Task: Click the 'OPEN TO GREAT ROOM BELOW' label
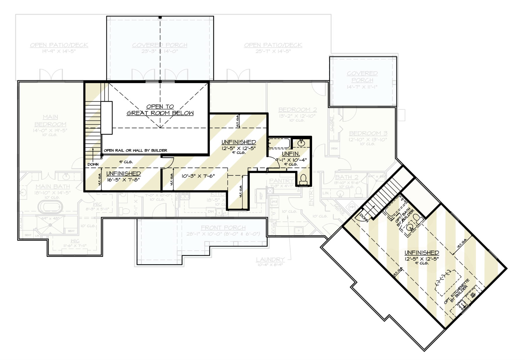(x=160, y=110)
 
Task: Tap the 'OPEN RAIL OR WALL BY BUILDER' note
(x=135, y=151)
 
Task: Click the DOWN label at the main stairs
(x=93, y=164)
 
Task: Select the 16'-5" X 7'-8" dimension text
(x=123, y=180)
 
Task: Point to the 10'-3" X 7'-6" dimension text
(x=198, y=176)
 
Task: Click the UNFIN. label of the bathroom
(x=290, y=154)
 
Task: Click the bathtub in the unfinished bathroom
(x=279, y=143)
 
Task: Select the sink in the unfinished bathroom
(x=301, y=143)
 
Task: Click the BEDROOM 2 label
(x=297, y=110)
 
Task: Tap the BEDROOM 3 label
(x=368, y=133)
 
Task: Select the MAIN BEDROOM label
(x=50, y=120)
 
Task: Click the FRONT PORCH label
(x=223, y=228)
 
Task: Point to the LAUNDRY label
(x=270, y=259)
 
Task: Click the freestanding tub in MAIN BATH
(x=50, y=207)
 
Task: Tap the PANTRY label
(x=281, y=181)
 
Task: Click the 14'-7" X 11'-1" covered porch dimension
(x=362, y=87)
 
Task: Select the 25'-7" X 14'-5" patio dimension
(x=273, y=51)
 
